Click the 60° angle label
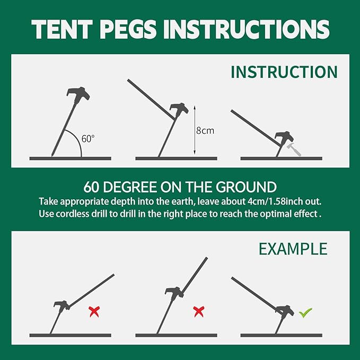pos(88,139)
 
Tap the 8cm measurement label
pos(205,130)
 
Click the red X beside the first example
pos(94,312)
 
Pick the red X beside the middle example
pos(199,311)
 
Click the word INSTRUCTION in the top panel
pos(284,72)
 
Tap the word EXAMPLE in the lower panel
pos(293,249)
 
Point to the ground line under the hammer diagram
pos(281,158)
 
